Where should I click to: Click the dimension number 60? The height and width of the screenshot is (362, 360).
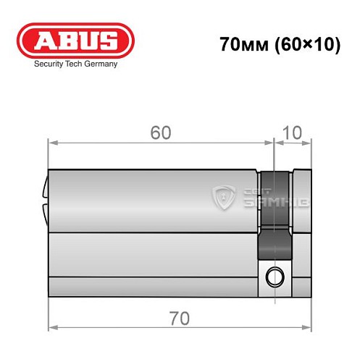161,133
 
